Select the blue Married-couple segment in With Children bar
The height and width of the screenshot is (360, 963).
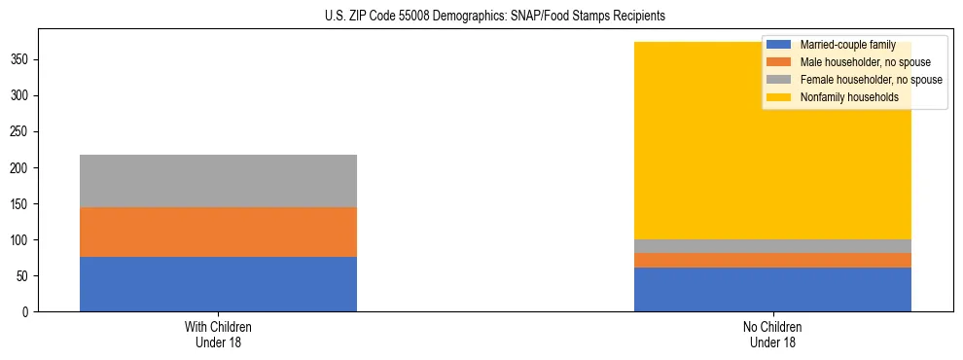[218, 284]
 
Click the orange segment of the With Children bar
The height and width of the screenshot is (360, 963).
[218, 232]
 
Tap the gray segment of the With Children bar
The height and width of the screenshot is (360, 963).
[218, 181]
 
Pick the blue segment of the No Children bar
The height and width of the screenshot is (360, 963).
[772, 289]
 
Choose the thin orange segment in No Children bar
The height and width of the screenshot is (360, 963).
[772, 260]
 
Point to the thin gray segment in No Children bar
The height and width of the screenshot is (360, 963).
[772, 246]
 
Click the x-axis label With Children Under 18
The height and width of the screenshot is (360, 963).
[218, 334]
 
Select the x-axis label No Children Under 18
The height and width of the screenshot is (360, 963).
[772, 334]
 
